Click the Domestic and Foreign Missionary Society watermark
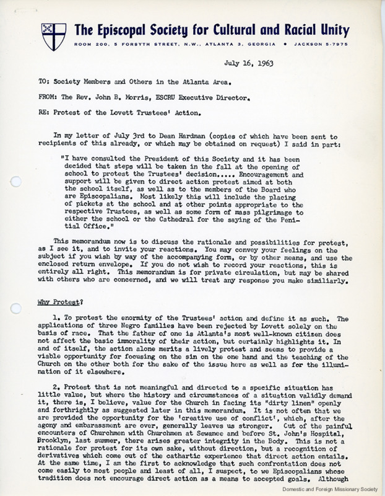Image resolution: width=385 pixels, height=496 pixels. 329,490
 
